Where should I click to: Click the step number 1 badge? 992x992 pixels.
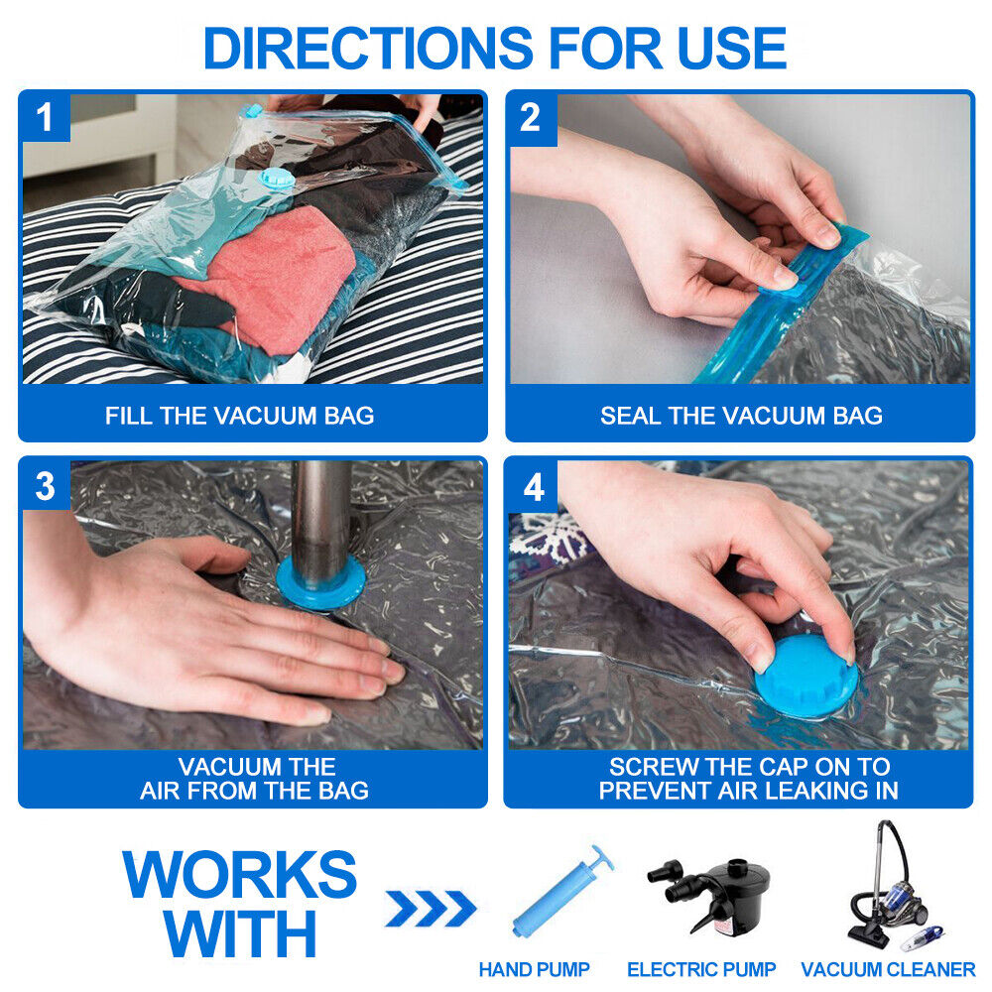pos(45,118)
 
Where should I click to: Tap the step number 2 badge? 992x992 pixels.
pos(532,118)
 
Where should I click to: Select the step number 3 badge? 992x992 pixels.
pos(45,486)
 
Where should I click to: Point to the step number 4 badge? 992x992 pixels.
pos(534,486)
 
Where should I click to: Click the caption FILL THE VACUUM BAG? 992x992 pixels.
pos(240,416)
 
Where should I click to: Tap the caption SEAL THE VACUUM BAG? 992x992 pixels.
pos(741,416)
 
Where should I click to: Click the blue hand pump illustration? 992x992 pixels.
pos(561,892)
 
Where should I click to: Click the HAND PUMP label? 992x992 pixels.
pos(534,969)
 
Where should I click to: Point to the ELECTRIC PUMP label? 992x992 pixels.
pos(701,969)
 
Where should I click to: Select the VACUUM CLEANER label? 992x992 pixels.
pos(888,969)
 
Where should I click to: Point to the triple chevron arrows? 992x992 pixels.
pos(431,908)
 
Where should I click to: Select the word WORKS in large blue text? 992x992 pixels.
pos(239,875)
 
